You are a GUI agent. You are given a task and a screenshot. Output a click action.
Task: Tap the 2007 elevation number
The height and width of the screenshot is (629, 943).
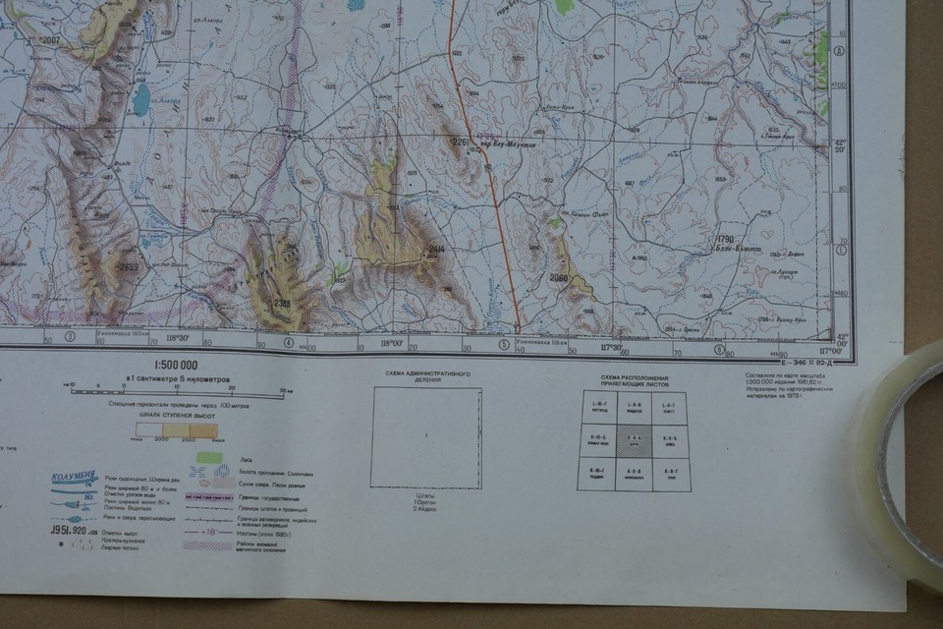49,39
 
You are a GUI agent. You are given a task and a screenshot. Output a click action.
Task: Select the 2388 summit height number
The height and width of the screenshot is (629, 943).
282,302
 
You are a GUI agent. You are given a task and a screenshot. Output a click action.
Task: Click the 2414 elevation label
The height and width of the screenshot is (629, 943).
436,251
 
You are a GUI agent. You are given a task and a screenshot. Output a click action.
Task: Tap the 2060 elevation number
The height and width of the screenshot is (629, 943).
559,278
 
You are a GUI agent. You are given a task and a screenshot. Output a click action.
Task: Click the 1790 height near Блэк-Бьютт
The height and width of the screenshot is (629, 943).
726,240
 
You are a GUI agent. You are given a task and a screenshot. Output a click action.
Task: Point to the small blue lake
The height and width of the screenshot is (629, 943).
142,98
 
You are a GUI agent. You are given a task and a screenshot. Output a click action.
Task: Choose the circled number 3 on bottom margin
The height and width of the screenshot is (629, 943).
70,336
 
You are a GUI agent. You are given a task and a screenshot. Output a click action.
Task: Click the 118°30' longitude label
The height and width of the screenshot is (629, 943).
178,339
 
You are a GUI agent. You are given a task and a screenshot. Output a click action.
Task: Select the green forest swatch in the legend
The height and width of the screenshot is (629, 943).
208,457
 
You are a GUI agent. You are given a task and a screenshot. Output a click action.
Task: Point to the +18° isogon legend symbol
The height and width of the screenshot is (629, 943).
208,532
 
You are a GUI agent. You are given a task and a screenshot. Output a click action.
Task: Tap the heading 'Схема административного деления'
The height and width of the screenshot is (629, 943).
426,377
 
